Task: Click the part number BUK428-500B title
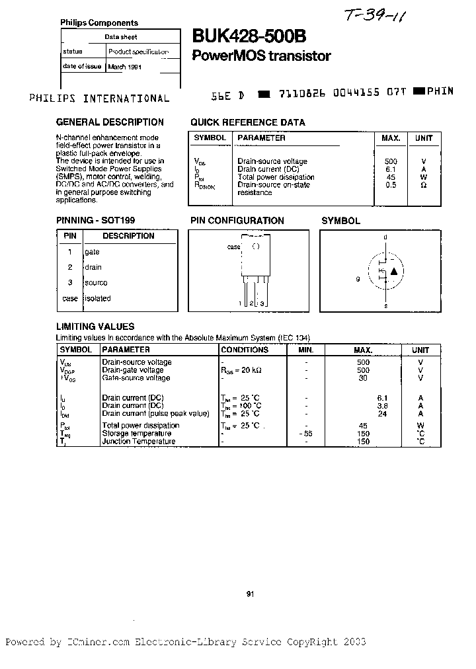(249, 38)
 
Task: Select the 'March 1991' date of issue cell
(124, 67)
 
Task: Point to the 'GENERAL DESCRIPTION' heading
(110, 122)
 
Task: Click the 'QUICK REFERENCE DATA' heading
(248, 122)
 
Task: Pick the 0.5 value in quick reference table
(391, 185)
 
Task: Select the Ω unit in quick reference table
(424, 185)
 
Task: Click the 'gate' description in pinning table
(92, 252)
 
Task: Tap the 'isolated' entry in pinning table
(97, 298)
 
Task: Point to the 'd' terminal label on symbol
(385, 237)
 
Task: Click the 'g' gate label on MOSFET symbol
(358, 279)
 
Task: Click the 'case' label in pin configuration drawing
(234, 247)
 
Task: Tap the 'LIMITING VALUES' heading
(95, 327)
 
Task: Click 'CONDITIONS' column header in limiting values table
(245, 350)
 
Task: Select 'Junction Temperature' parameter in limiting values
(139, 442)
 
